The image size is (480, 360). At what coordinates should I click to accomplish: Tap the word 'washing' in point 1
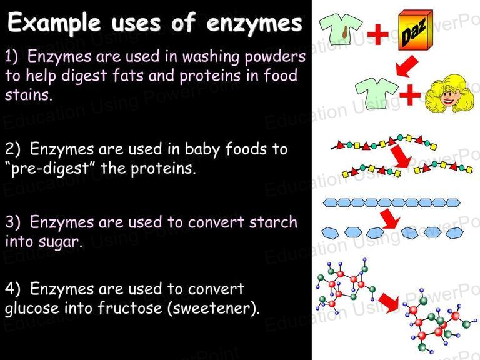pyautogui.click(x=211, y=57)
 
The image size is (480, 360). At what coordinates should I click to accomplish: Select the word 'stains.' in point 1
pyautogui.click(x=29, y=94)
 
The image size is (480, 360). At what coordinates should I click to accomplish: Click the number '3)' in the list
pyautogui.click(x=13, y=222)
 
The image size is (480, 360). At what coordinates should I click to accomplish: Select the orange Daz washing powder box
pyautogui.click(x=416, y=30)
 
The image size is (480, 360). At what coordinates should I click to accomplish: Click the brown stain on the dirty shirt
pyautogui.click(x=345, y=31)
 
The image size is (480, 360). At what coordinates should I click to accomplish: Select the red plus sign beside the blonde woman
pyautogui.click(x=410, y=94)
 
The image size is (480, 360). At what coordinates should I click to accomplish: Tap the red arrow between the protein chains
pyautogui.click(x=401, y=156)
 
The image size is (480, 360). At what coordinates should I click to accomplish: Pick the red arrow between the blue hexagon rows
pyautogui.click(x=390, y=219)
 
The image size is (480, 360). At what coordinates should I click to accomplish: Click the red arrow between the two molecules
pyautogui.click(x=389, y=302)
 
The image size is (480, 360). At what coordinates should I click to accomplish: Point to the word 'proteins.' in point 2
pyautogui.click(x=164, y=168)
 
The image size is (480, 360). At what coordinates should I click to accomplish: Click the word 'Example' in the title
pyautogui.click(x=54, y=23)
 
